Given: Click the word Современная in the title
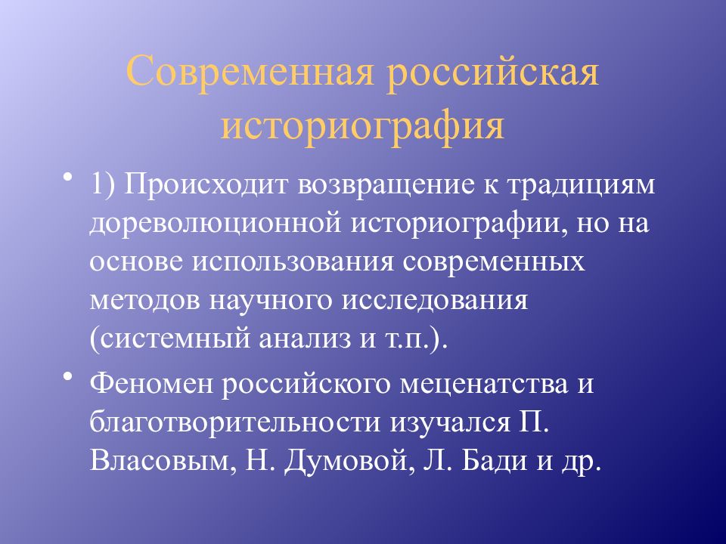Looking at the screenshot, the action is coord(250,71).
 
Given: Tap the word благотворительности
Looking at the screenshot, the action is coord(234,423).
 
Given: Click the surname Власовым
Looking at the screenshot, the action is coord(160,461).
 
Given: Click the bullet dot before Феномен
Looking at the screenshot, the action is coord(68,376).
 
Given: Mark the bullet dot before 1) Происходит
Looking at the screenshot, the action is coord(68,177).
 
